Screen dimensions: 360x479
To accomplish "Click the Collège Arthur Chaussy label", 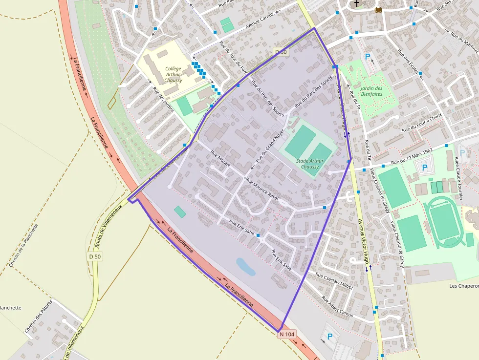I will (x=173, y=75).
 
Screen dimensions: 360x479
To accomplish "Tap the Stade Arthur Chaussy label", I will (x=309, y=164).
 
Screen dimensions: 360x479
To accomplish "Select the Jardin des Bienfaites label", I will (x=371, y=91).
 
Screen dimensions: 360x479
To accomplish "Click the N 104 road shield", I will (x=287, y=334).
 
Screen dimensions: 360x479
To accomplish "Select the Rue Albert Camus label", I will (x=337, y=306).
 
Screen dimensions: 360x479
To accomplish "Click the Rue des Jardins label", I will (x=163, y=100).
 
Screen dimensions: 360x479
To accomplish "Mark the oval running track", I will (x=443, y=222).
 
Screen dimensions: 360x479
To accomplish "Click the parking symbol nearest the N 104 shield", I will (x=329, y=337).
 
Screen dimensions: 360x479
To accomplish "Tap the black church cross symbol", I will (x=356, y=3).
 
